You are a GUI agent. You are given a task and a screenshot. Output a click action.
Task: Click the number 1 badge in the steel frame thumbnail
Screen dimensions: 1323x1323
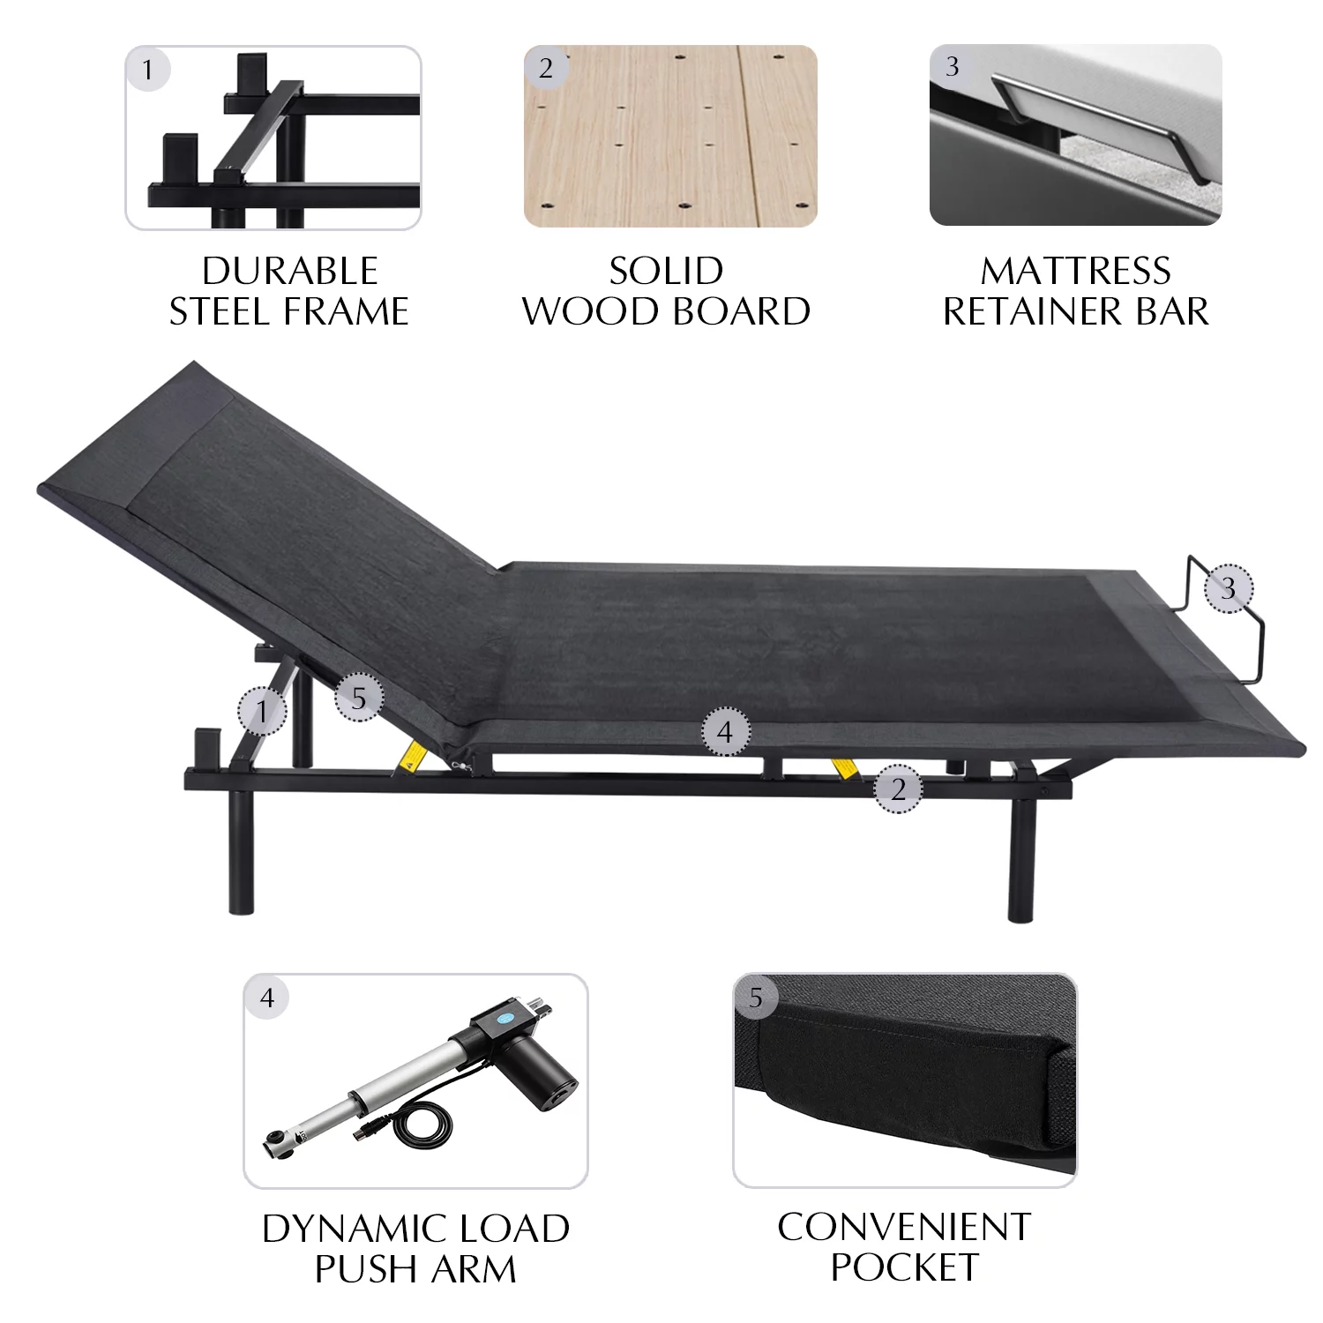[x=148, y=70]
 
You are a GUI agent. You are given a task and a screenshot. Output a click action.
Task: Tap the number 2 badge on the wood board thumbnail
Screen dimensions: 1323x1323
[x=546, y=68]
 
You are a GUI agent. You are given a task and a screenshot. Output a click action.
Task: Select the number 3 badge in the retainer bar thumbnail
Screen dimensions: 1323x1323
[x=952, y=66]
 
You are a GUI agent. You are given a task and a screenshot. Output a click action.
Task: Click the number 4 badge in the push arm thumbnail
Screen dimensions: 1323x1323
[x=267, y=998]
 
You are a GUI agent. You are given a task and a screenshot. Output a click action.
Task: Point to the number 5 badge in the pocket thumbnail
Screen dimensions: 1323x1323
[x=756, y=998]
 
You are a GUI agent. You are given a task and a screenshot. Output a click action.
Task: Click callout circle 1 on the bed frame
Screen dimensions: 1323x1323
[x=262, y=711]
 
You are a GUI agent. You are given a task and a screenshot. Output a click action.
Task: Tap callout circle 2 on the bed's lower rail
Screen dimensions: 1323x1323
[x=898, y=789]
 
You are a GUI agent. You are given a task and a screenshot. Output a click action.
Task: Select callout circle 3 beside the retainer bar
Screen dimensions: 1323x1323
[x=1229, y=588]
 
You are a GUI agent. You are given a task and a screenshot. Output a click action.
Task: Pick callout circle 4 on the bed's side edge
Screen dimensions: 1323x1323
[x=725, y=731]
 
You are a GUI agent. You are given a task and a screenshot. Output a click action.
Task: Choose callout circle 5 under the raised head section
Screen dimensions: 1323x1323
[x=359, y=698]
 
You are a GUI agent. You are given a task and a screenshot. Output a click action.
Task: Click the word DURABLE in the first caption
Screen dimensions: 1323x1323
[x=290, y=272]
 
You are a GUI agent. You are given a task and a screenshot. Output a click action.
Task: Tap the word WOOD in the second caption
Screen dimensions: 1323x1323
[x=590, y=312]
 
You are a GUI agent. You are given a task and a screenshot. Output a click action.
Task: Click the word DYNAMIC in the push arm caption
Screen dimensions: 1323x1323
[x=351, y=1229]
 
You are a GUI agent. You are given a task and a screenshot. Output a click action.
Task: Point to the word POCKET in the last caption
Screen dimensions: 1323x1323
[x=904, y=1267]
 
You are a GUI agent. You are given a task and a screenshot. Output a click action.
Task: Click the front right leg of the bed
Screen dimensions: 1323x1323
[x=1020, y=860]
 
